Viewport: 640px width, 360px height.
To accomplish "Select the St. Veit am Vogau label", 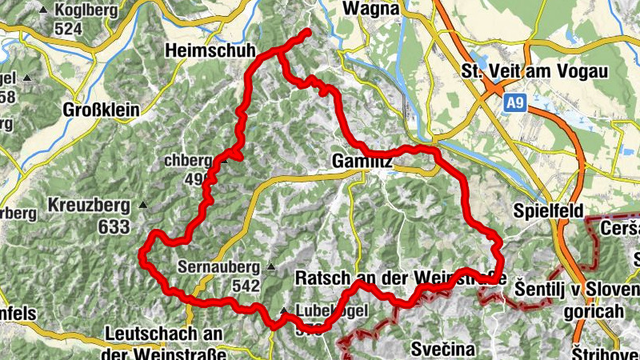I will click(x=534, y=71).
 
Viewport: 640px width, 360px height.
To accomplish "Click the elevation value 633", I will click(x=114, y=226).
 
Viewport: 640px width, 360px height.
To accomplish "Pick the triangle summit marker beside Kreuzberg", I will click(x=143, y=206).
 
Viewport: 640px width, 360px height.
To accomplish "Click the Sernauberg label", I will click(x=219, y=266).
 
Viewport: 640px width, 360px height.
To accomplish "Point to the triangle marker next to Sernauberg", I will click(x=271, y=266).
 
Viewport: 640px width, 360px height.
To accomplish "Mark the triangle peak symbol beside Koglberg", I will click(x=42, y=10).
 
